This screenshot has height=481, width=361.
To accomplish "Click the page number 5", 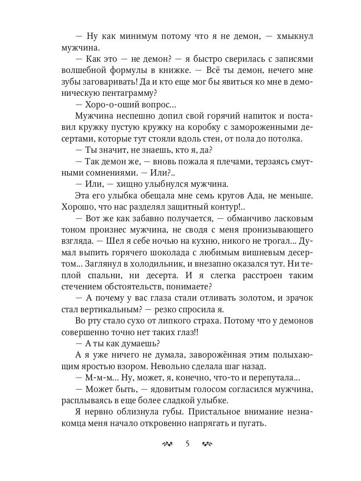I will click(x=187, y=443).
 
